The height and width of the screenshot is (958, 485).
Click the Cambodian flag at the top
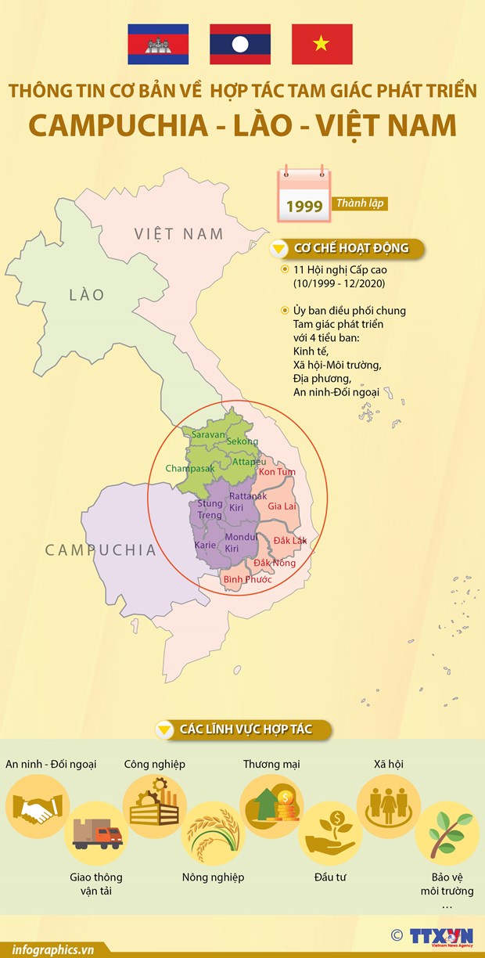click(160, 44)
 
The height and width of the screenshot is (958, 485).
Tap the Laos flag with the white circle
click(240, 44)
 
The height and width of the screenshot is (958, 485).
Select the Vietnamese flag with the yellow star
click(322, 44)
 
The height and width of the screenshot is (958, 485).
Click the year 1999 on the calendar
click(304, 207)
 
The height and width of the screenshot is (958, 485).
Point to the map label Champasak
click(189, 469)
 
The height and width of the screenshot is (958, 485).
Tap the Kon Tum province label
click(277, 472)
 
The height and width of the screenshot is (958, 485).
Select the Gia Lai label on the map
click(283, 507)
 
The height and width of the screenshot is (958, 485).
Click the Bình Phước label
click(247, 579)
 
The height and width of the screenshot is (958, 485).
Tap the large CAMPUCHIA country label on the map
click(101, 549)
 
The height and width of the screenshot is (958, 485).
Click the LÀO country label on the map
click(86, 294)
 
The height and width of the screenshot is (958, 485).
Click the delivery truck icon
click(98, 835)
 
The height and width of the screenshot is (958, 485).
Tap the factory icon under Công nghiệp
click(154, 801)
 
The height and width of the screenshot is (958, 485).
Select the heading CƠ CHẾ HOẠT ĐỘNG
click(351, 249)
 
